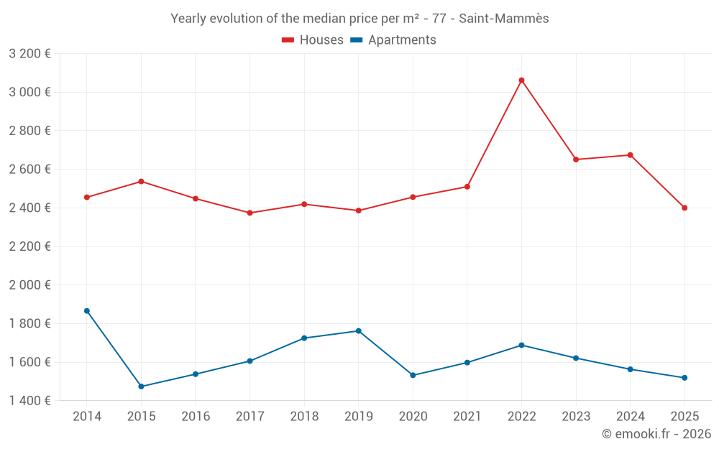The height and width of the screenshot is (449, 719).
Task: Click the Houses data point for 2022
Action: [521, 80]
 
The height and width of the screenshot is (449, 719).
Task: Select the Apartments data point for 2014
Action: [87, 311]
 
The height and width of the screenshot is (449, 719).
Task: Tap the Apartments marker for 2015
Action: [141, 386]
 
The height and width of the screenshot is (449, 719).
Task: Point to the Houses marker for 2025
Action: [684, 208]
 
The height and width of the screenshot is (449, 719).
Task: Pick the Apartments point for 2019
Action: [359, 331]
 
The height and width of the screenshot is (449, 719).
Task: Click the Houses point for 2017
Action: [249, 213]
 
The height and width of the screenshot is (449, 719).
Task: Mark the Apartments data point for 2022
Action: [521, 346]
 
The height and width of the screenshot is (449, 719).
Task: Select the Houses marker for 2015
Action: [141, 182]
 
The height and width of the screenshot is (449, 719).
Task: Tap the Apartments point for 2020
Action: [413, 375]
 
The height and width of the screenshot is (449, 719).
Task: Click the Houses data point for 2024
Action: [630, 155]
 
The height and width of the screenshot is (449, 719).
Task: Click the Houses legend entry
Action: [313, 40]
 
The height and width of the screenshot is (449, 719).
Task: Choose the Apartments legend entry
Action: [393, 40]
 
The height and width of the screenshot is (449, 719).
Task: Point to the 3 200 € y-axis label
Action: [29, 53]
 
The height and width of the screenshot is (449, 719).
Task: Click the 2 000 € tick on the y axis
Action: [29, 284]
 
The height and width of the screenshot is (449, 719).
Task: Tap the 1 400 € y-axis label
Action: [29, 400]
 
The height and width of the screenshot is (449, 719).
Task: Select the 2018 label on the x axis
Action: [304, 417]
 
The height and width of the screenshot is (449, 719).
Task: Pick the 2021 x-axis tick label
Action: [467, 417]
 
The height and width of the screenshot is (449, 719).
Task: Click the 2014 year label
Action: [87, 417]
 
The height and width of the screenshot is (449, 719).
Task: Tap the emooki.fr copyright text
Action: [656, 434]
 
